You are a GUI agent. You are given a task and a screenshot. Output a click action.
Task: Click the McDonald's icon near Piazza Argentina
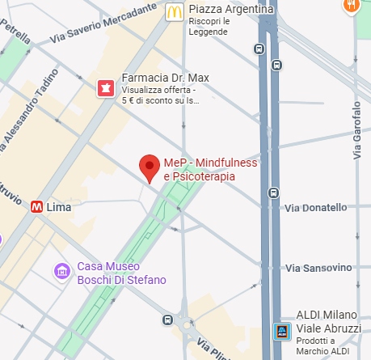(171, 11)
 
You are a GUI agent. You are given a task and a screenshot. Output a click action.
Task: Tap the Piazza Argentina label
(230, 10)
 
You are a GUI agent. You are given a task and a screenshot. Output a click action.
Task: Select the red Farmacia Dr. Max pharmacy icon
(105, 88)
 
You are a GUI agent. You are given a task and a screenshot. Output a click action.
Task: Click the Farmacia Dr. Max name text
(165, 78)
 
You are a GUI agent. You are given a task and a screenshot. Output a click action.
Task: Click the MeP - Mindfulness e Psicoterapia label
(210, 169)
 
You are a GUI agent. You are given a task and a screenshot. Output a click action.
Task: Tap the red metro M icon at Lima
(36, 207)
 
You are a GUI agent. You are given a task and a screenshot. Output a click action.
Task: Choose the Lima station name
(60, 207)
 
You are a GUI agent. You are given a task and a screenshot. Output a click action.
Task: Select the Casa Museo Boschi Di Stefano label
(121, 273)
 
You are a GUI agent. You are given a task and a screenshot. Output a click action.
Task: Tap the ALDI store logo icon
(281, 331)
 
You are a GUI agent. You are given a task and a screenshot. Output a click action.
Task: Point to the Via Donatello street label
(315, 208)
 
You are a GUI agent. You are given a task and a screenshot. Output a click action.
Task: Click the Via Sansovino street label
(318, 268)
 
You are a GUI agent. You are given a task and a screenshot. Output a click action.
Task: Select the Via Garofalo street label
(357, 129)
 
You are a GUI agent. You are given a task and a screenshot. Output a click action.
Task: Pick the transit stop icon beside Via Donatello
(275, 193)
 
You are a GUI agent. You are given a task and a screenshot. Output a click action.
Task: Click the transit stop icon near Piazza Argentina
(259, 48)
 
